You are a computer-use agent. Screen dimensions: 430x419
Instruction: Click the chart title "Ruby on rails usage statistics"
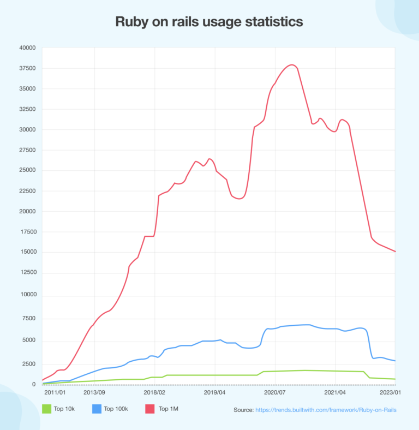209,22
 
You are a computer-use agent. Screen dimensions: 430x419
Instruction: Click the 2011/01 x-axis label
55,392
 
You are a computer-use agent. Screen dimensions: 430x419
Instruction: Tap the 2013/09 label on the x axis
94,392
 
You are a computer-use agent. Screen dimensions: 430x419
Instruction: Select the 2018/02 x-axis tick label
154,392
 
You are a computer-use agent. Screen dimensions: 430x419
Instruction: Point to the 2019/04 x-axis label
215,392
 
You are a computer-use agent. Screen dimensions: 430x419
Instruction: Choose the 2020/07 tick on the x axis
275,392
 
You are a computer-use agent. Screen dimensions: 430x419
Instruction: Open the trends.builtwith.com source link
326,409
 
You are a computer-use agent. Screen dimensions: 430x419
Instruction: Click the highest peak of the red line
292,65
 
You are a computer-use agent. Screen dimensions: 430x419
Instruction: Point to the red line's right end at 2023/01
395,252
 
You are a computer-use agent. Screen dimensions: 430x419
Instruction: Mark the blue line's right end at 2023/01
395,361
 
